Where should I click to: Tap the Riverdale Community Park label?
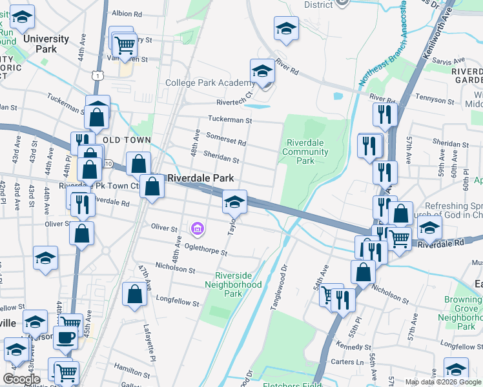pos(305,152)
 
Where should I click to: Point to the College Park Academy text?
pos(209,83)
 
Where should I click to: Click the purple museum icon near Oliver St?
pos(198,228)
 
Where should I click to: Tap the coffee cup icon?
pos(64,337)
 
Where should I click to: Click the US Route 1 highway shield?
pos(96,76)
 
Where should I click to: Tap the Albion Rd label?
pos(127,13)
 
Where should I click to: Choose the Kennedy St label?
pos(351,349)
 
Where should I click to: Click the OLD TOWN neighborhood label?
pos(127,140)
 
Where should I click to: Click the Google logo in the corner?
pos(22,379)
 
